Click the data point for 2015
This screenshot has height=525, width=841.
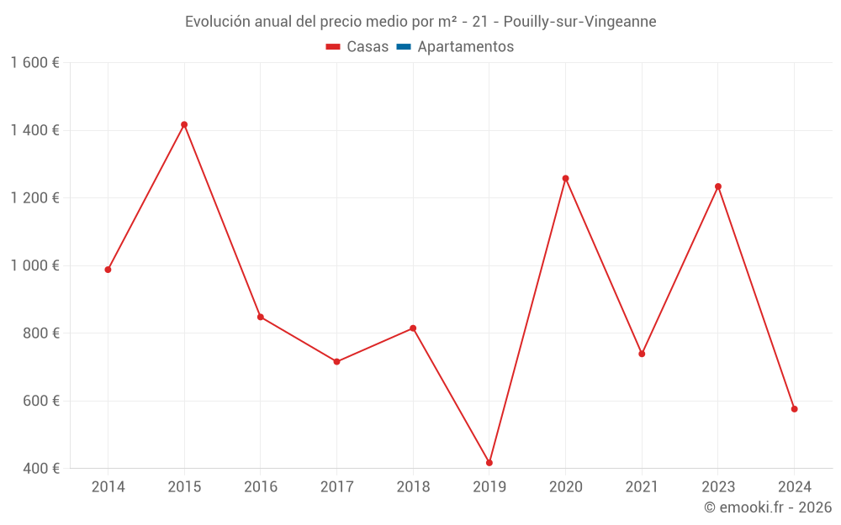[184, 124]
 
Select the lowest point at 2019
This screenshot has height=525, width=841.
[489, 463]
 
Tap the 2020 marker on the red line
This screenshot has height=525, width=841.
[565, 178]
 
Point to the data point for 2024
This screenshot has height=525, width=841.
[794, 409]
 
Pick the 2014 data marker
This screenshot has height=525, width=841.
[108, 270]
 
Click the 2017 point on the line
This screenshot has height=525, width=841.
[336, 362]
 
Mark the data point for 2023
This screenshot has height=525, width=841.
[718, 186]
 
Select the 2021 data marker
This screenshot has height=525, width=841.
[642, 354]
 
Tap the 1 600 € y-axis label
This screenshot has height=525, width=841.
[35, 63]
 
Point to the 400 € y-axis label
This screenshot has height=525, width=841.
[40, 469]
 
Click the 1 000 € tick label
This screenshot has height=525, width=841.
[35, 265]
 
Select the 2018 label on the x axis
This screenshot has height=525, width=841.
[413, 487]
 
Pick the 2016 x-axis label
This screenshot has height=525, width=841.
[260, 487]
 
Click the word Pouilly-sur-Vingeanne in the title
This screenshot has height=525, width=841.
[585, 22]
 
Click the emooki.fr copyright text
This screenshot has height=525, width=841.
[768, 507]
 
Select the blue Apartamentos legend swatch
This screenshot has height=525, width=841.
[404, 47]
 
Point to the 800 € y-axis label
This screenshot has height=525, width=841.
[40, 333]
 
